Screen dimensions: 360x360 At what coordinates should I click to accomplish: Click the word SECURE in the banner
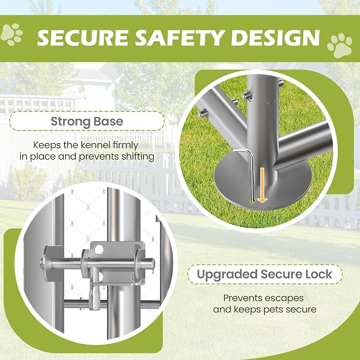coord(83,38)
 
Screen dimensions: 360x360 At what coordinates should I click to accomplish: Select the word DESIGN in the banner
coord(276,38)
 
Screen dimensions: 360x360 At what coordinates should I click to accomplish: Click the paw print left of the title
coord(12,34)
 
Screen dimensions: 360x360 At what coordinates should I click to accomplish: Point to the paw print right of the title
coord(340,45)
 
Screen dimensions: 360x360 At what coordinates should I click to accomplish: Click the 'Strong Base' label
coord(87,121)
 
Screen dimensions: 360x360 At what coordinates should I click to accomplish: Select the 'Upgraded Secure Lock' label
coord(265,274)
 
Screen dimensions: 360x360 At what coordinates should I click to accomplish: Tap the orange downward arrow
coord(262,185)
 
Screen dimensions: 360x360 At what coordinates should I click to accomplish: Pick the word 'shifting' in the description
coord(138,157)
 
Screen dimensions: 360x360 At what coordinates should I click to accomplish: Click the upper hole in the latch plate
coord(99,250)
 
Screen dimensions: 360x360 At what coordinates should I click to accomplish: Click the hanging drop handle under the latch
coord(95,294)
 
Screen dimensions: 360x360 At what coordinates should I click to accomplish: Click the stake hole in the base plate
coord(252,202)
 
